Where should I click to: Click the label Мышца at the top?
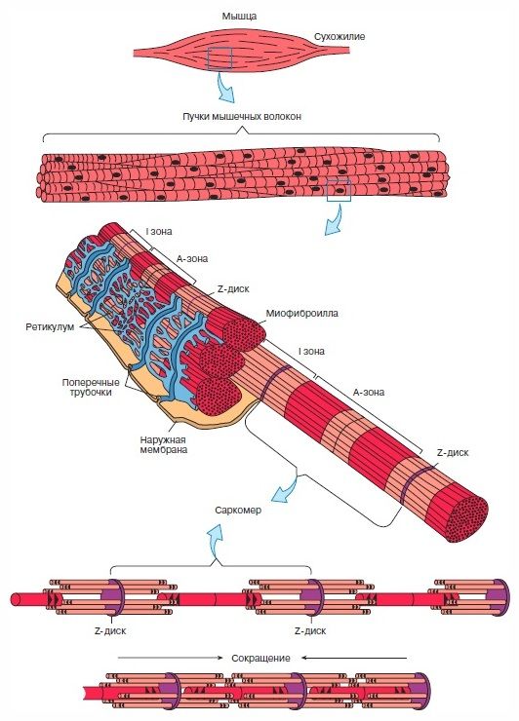239,17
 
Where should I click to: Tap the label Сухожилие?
339,36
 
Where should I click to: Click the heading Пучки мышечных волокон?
242,116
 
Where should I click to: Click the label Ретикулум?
50,327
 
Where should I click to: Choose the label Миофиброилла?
301,313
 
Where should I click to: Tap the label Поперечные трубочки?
91,387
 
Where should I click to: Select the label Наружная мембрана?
164,444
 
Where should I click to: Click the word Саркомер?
238,510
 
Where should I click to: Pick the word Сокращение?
260,658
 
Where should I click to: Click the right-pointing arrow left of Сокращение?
170,658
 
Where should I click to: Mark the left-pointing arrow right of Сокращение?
354,658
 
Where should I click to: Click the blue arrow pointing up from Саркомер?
215,543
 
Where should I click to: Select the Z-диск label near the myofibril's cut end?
453,452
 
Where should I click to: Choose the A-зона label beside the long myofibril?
369,393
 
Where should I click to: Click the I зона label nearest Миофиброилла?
311,352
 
